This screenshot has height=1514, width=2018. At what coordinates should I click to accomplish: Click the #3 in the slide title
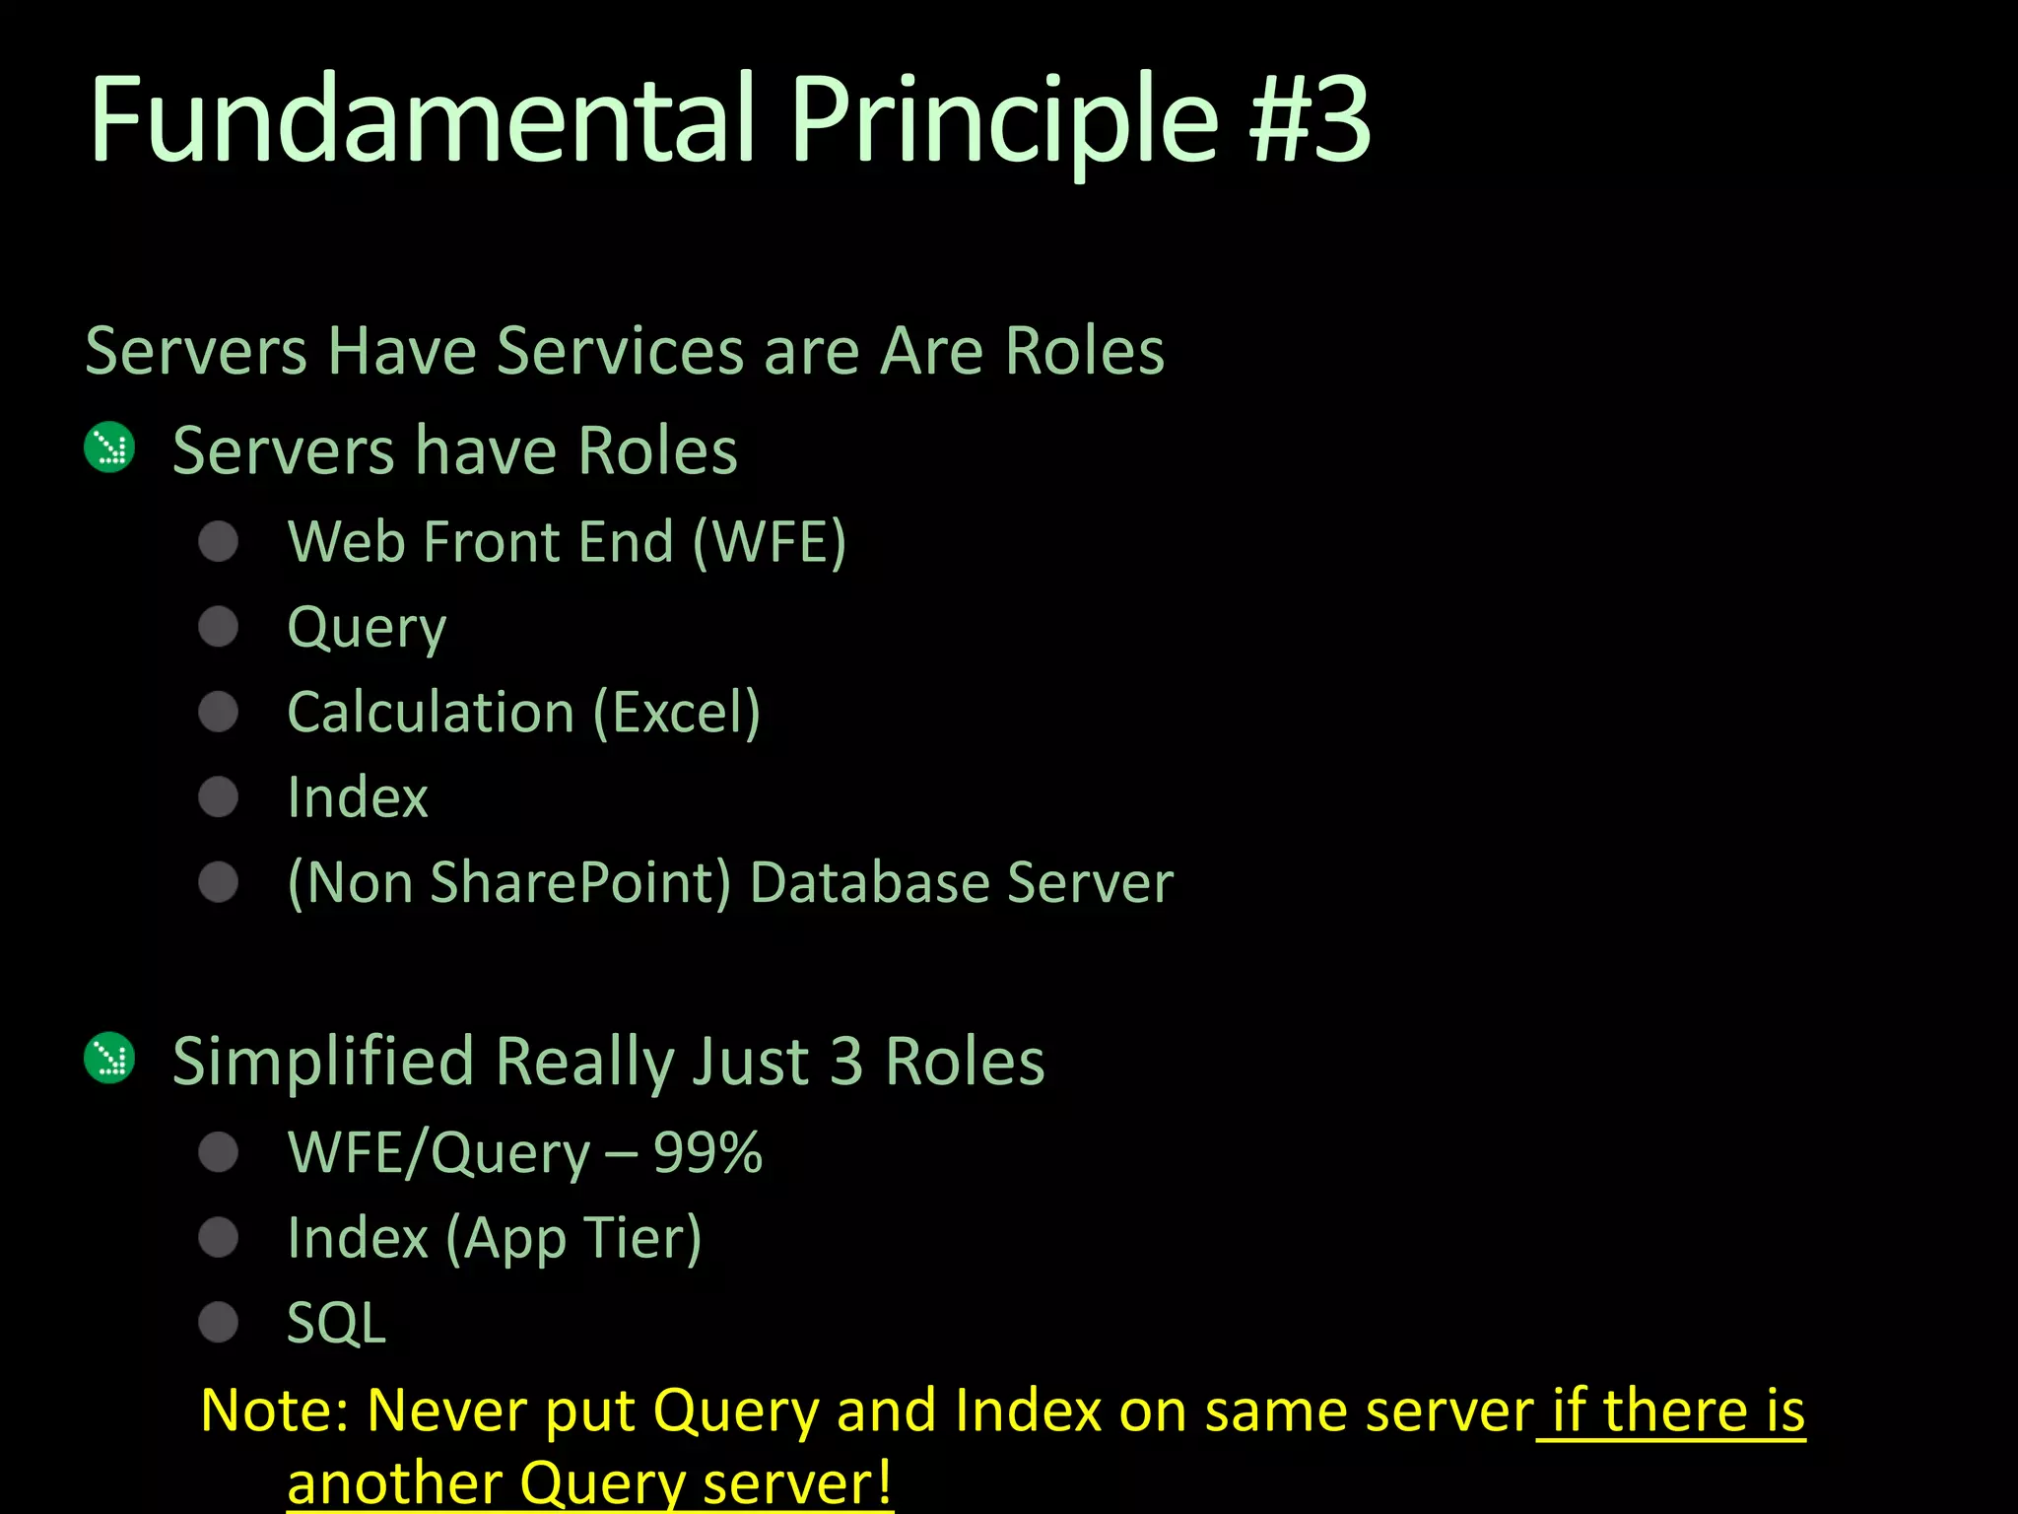pyautogui.click(x=1311, y=120)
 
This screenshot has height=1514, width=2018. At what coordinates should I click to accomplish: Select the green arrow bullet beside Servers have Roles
pyautogui.click(x=109, y=448)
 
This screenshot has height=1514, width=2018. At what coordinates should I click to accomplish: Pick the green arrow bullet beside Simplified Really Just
pyautogui.click(x=109, y=1059)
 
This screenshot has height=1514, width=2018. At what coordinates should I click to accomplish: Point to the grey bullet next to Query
pyautogui.click(x=218, y=627)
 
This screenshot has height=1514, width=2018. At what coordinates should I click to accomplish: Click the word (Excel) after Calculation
pyautogui.click(x=677, y=712)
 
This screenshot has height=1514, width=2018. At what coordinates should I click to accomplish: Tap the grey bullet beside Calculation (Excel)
pyautogui.click(x=218, y=712)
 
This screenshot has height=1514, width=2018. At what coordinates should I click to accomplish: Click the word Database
pyautogui.click(x=869, y=882)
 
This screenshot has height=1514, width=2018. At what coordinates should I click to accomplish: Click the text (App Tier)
pyautogui.click(x=573, y=1238)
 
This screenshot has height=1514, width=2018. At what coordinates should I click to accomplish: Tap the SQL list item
pyautogui.click(x=336, y=1323)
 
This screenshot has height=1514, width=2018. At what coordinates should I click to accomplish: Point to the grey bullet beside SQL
pyautogui.click(x=218, y=1323)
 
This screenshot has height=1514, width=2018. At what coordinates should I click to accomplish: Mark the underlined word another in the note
pyautogui.click(x=393, y=1482)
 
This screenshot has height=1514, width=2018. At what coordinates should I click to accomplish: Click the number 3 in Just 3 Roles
pyautogui.click(x=845, y=1061)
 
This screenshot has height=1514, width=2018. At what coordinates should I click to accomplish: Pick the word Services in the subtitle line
pyautogui.click(x=620, y=351)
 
